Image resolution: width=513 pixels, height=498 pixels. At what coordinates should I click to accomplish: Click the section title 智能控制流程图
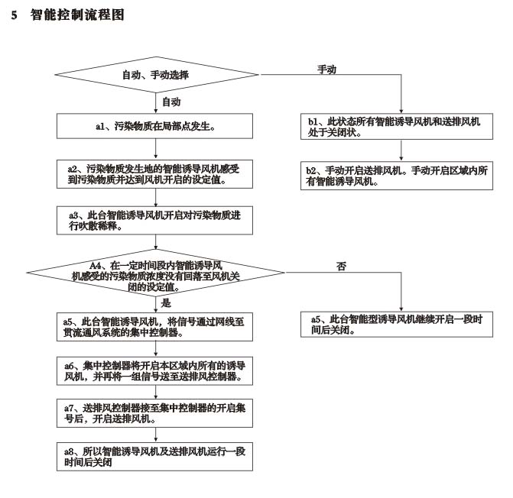76,15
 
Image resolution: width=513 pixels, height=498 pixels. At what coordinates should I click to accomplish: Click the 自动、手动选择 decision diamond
156,75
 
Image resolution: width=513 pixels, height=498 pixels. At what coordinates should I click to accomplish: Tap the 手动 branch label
327,70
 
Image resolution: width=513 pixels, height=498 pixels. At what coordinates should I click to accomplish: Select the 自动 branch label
171,101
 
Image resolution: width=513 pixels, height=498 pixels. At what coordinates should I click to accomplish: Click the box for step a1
155,125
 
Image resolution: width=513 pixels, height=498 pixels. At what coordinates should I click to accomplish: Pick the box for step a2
155,175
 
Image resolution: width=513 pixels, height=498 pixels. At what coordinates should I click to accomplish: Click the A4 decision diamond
156,271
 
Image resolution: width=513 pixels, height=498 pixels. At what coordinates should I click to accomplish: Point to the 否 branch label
341,266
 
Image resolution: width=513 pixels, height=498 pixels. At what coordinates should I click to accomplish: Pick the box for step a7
155,414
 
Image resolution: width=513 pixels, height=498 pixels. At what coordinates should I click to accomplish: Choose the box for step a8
155,456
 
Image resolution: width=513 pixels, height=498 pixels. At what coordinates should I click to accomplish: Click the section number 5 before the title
14,15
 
